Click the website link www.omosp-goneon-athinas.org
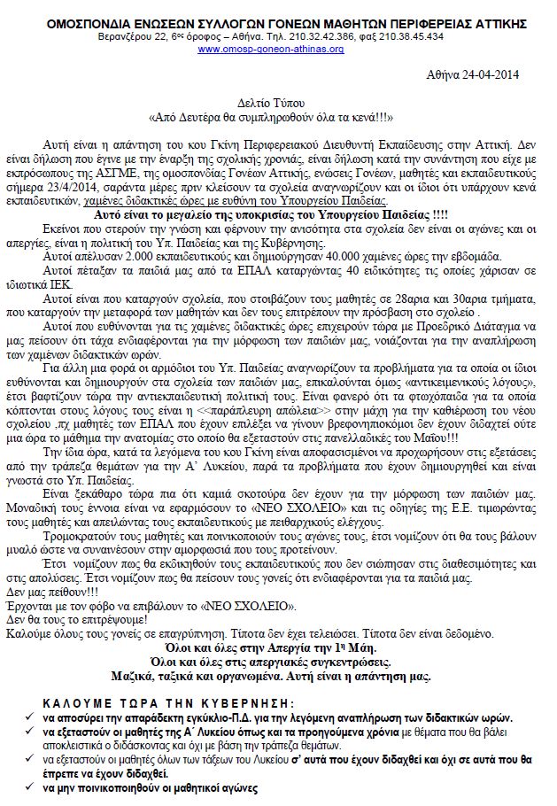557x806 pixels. coord(271,49)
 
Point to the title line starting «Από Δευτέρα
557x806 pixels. coord(271,118)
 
